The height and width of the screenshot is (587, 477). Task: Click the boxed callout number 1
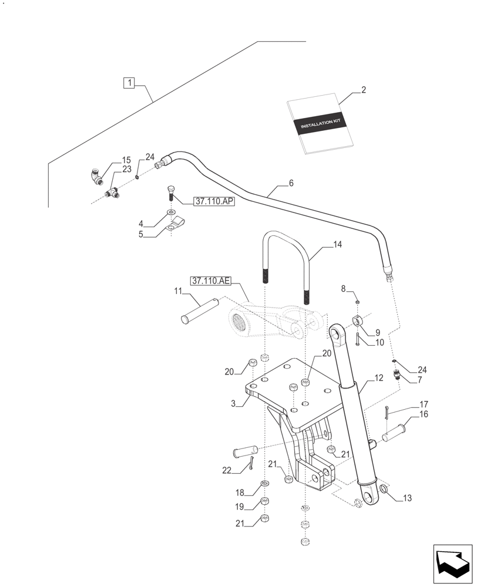[129, 83]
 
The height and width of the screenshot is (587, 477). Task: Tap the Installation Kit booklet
[322, 124]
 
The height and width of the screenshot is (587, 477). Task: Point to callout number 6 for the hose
[291, 184]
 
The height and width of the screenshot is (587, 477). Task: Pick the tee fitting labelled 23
[112, 192]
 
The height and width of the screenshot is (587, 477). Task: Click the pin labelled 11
[199, 310]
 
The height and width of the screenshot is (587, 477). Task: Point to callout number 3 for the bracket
[234, 404]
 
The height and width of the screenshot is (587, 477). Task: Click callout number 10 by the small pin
[379, 343]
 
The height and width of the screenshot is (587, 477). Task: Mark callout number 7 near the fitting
[421, 380]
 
